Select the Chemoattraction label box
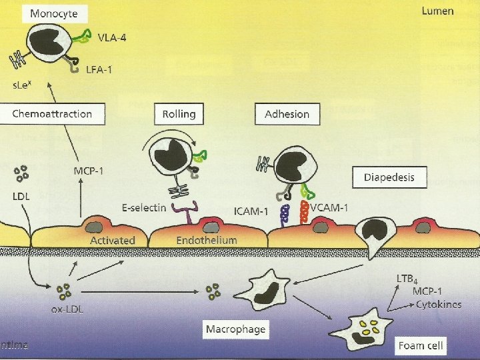[x=52, y=113]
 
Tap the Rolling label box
[x=179, y=113]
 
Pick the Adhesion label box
[x=287, y=113]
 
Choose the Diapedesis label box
[x=389, y=178]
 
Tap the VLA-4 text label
[x=111, y=37]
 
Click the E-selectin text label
[x=144, y=208]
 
